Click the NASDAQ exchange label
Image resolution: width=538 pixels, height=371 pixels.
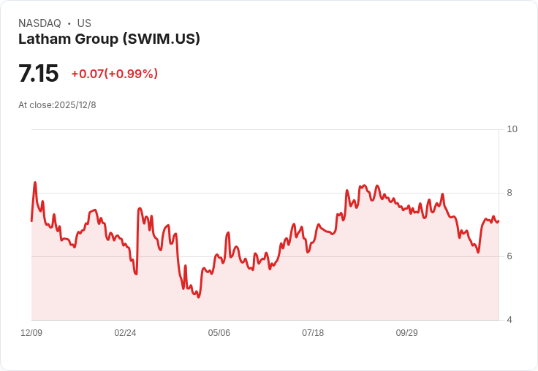click(39, 23)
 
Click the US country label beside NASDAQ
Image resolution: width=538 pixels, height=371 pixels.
click(84, 23)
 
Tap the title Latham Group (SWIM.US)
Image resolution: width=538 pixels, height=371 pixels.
click(109, 39)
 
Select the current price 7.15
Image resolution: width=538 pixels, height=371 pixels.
click(38, 74)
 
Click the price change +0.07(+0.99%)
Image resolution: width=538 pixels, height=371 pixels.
click(114, 74)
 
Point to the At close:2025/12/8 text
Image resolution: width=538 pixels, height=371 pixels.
click(57, 105)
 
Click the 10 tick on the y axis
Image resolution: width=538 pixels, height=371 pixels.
click(512, 129)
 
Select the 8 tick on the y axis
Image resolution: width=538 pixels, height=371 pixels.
click(509, 193)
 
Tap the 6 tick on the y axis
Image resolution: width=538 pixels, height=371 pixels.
click(509, 256)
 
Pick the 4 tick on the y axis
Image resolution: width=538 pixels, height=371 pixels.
click(509, 320)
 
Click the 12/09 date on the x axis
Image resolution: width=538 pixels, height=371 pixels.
click(31, 333)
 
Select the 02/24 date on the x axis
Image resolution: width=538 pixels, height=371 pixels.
click(125, 333)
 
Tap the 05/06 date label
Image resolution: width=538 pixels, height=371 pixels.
click(219, 333)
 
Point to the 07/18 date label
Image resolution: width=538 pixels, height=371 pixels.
click(313, 333)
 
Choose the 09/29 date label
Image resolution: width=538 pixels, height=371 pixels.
click(406, 333)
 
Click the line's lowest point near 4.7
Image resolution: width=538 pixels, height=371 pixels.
click(198, 297)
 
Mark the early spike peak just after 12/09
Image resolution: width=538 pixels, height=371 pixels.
click(35, 183)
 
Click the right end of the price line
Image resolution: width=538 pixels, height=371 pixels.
click(498, 221)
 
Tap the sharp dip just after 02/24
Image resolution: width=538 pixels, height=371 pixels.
click(136, 274)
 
